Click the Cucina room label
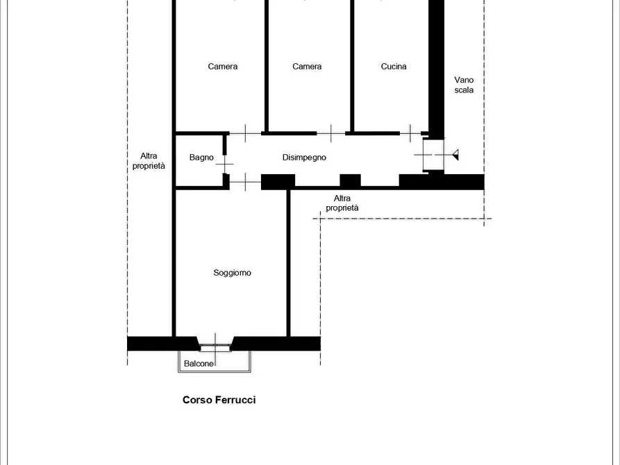[394, 67]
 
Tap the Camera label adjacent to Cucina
[307, 67]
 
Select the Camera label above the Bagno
[223, 67]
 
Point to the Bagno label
[201, 158]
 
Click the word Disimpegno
[304, 158]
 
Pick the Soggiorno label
[232, 273]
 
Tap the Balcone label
[199, 364]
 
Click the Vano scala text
[464, 85]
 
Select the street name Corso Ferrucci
[219, 400]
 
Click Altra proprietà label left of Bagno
[149, 161]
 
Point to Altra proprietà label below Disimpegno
[342, 203]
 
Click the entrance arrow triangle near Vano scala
[455, 155]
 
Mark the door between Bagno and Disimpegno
[224, 164]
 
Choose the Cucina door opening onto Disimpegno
[410, 133]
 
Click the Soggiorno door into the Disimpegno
[245, 182]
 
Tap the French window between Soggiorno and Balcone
[215, 345]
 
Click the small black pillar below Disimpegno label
[351, 180]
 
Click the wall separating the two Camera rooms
[267, 66]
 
